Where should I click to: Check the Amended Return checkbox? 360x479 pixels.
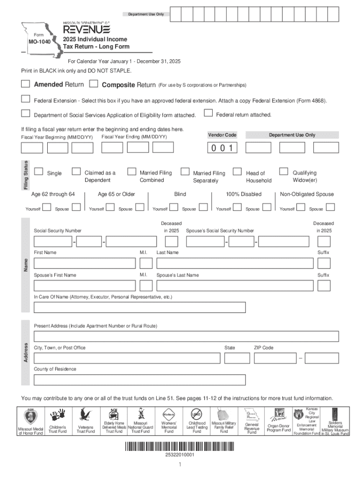pos(25,84)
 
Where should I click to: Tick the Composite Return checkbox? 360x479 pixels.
pos(94,84)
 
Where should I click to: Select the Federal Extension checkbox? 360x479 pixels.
pos(25,99)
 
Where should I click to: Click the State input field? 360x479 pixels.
pos(237,358)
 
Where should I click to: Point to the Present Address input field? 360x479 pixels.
pos(186,336)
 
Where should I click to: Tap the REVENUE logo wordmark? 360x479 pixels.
pos(86,29)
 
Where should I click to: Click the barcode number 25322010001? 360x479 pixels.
pos(180,454)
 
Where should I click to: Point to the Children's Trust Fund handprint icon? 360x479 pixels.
pos(58,415)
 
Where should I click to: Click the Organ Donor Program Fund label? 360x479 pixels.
pos(279,428)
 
